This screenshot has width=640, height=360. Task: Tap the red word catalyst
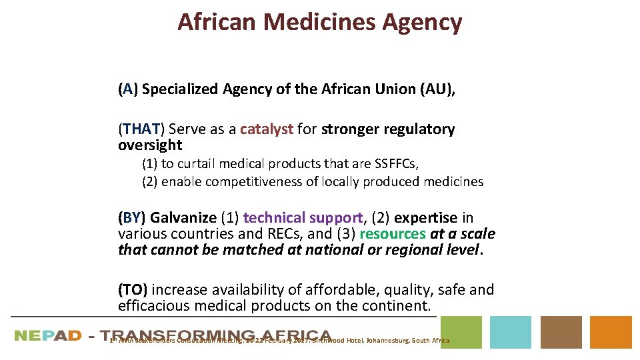(x=267, y=129)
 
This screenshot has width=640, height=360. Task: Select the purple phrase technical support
(x=303, y=218)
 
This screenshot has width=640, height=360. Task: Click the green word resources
(x=392, y=234)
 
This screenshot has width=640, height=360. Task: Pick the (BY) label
(x=132, y=218)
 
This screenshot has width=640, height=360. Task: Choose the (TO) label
(x=133, y=290)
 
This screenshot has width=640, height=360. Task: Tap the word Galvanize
(x=183, y=218)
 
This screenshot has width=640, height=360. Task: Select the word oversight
(x=150, y=145)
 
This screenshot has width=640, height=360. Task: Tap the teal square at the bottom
(x=511, y=332)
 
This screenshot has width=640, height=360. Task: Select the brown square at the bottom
(x=561, y=332)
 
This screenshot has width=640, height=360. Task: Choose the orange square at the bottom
(x=611, y=332)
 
